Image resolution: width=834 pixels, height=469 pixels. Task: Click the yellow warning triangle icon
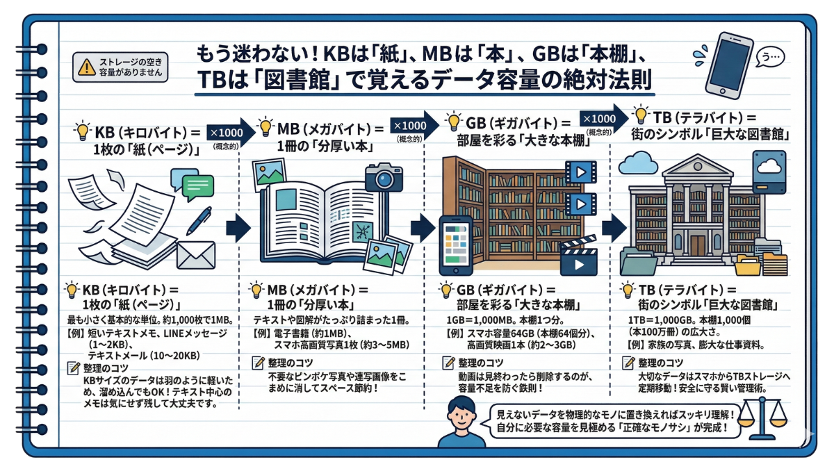point(85,67)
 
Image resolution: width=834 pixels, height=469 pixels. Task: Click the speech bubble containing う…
point(769,58)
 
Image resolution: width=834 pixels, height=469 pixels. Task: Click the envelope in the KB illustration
point(196,254)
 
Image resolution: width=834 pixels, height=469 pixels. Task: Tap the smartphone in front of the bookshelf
point(456,245)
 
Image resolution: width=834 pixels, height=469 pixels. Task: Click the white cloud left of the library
point(637,164)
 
